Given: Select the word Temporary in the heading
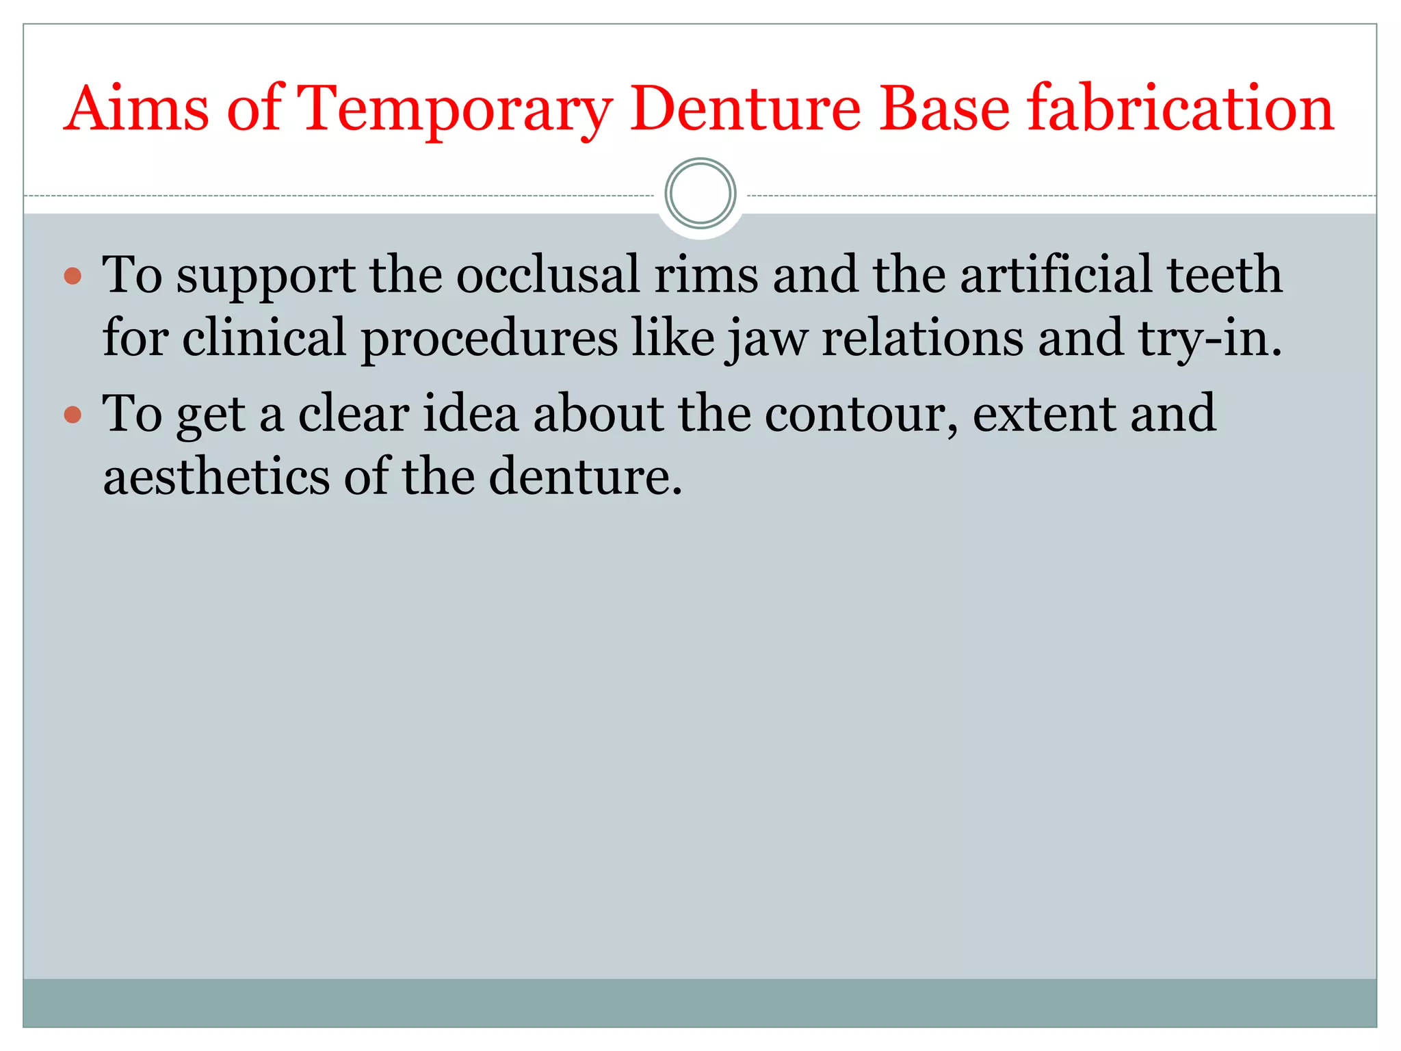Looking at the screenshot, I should click(455, 109).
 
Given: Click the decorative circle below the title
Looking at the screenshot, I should click(700, 194).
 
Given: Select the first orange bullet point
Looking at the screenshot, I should click(73, 276).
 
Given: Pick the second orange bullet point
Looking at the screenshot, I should click(73, 415).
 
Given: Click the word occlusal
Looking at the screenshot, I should click(548, 275).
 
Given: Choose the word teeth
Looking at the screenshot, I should click(1224, 275).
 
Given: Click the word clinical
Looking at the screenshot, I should click(264, 337).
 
